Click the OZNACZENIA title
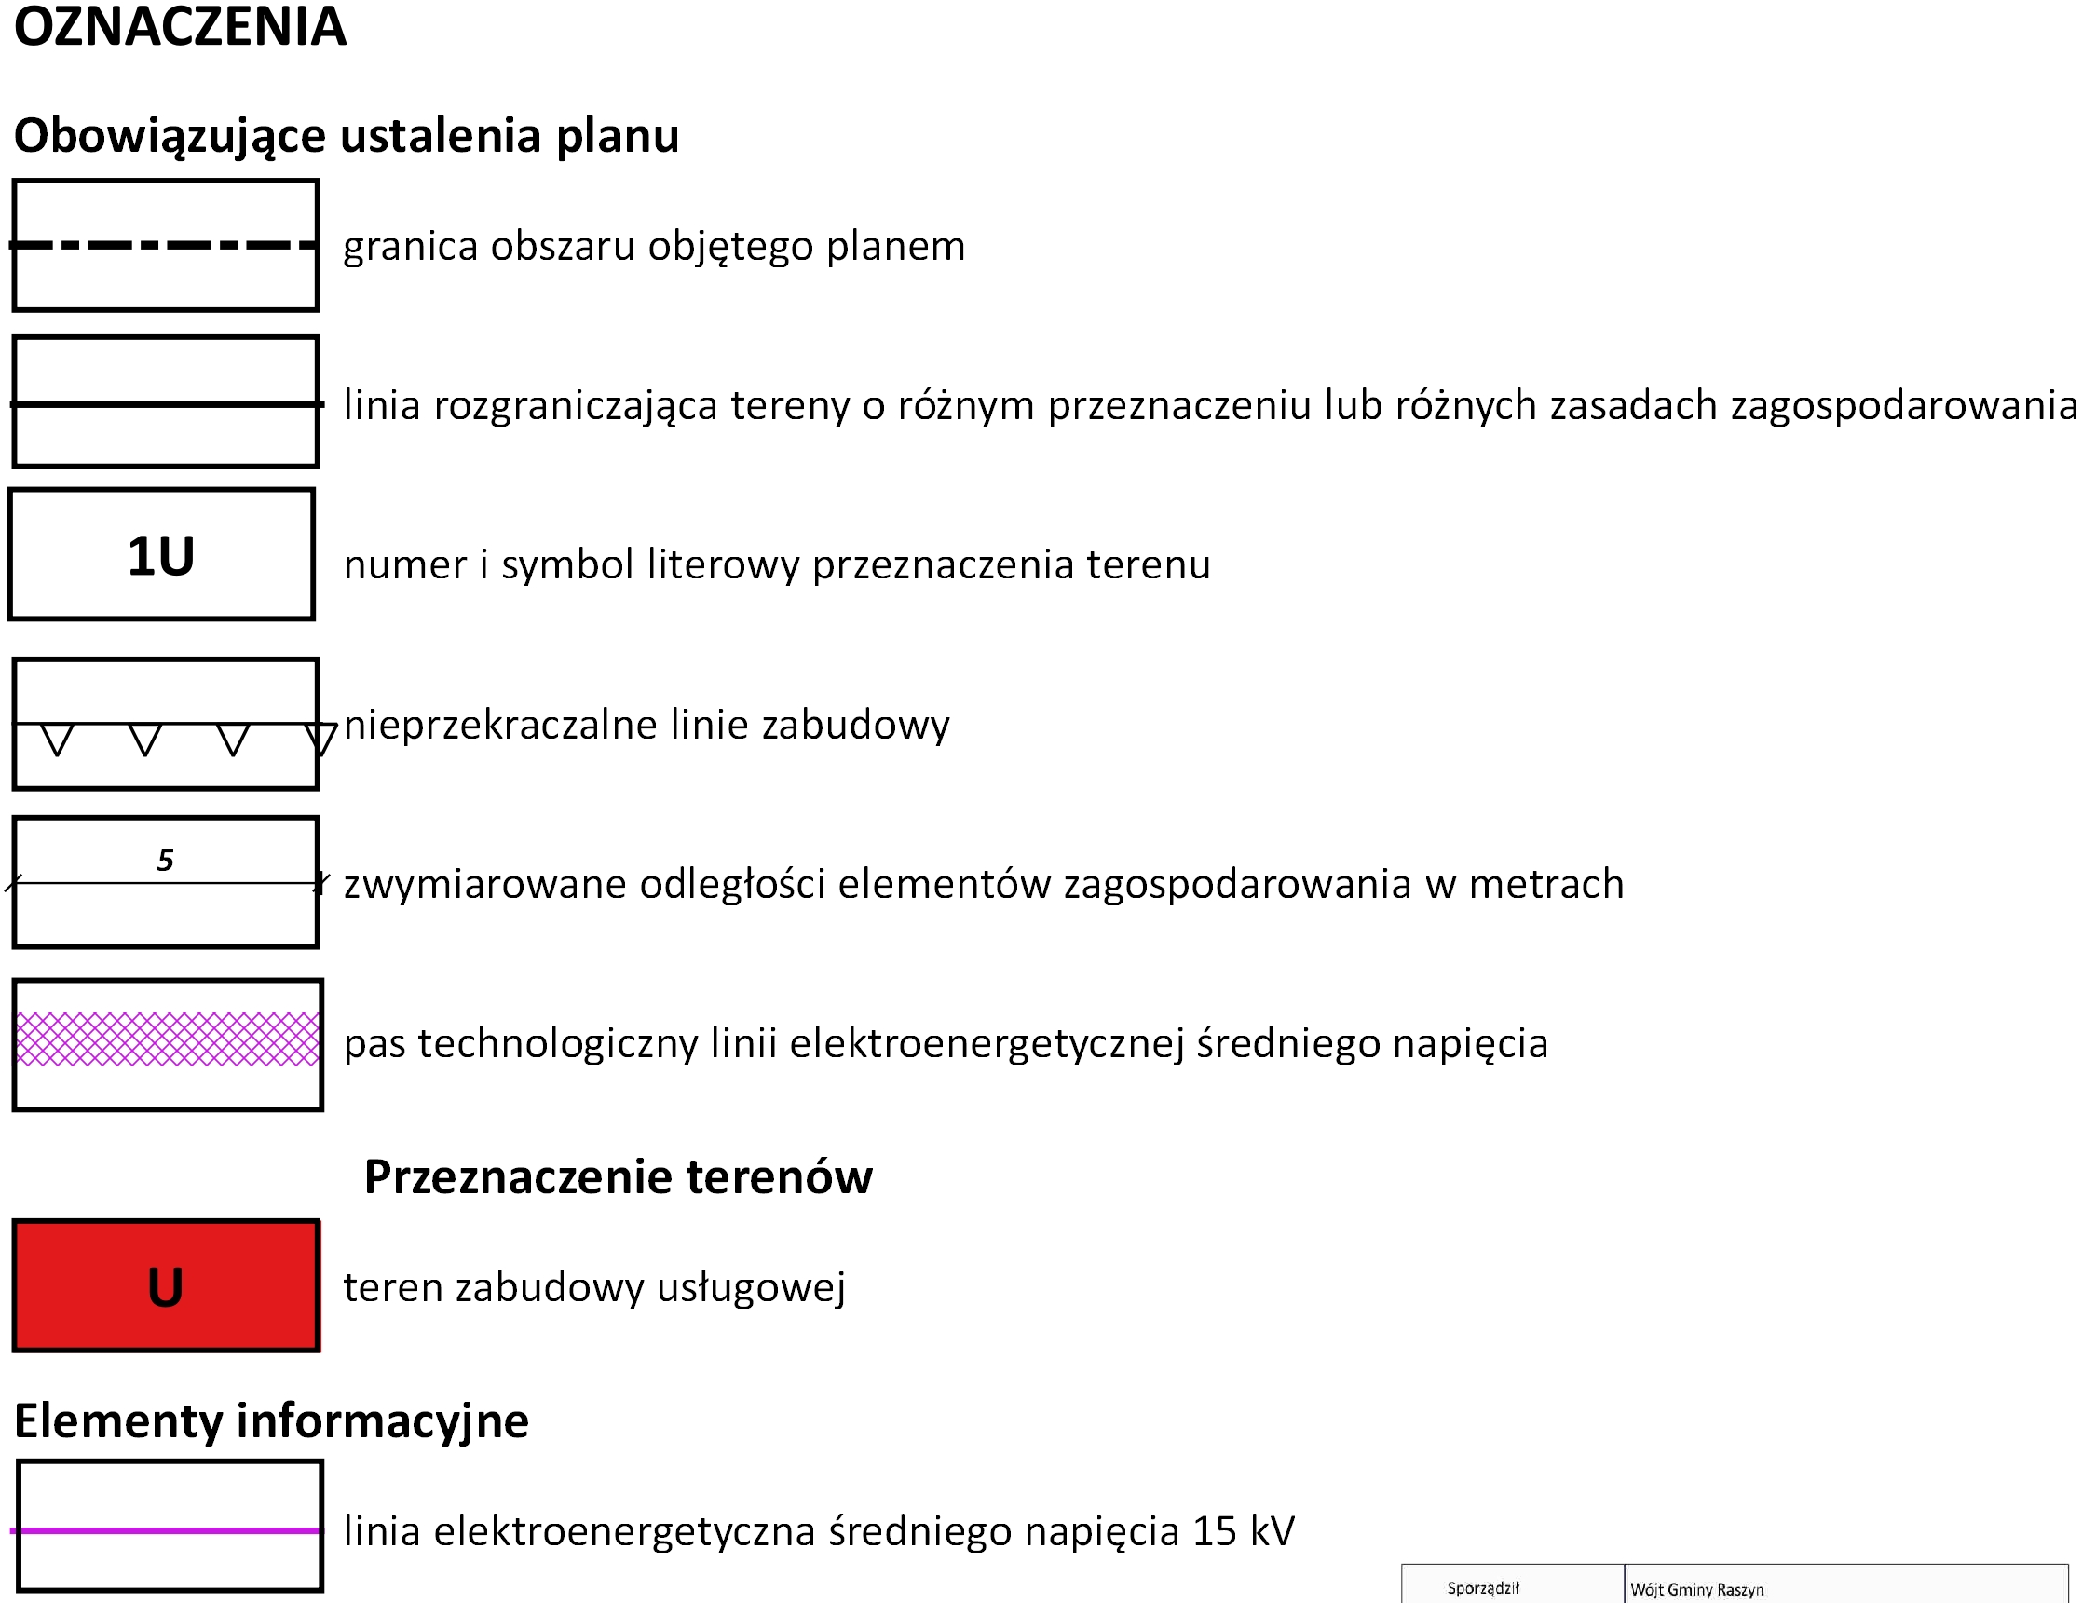(180, 27)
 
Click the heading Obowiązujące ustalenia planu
(347, 135)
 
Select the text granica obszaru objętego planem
(654, 246)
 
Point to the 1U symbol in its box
(160, 556)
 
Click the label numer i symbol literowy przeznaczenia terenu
(777, 564)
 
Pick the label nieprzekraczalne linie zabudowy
(646, 726)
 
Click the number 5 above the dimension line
(165, 861)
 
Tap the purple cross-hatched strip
(168, 1039)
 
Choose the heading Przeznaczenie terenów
(619, 1177)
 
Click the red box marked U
(166, 1286)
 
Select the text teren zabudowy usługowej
(594, 1287)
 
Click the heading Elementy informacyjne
(271, 1420)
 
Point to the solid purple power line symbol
(167, 1530)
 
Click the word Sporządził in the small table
(1482, 1588)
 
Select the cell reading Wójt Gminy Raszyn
(1696, 1590)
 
